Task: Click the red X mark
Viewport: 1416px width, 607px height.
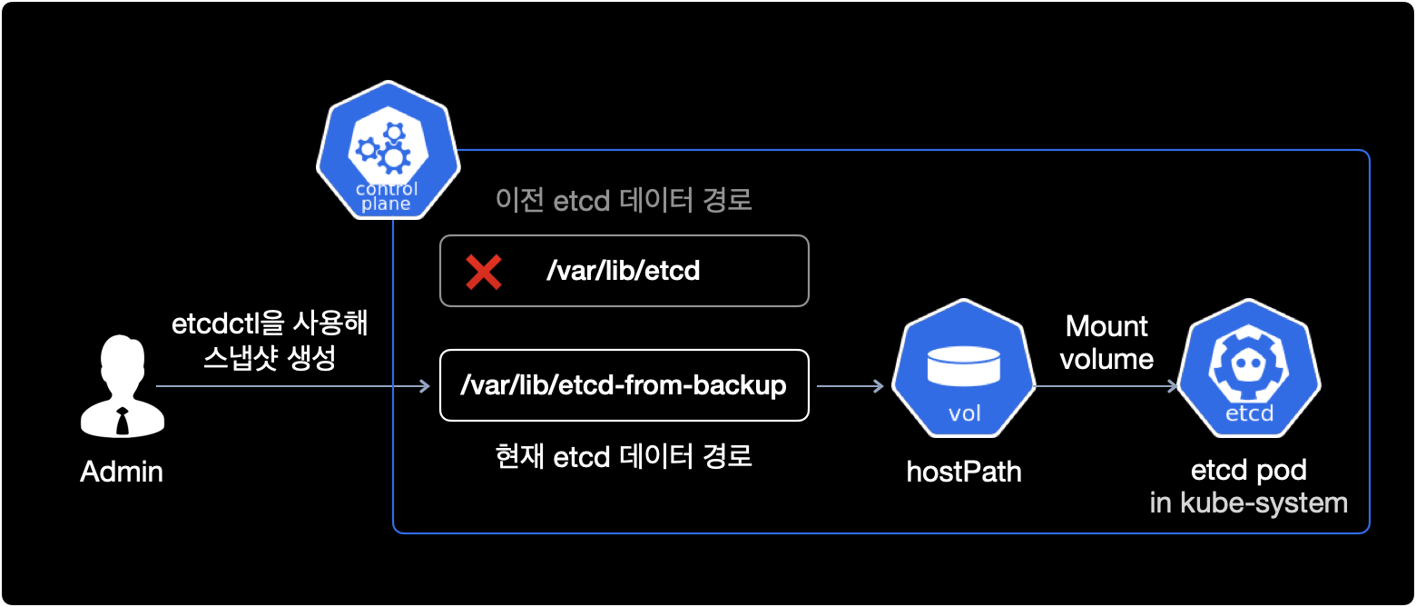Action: [484, 272]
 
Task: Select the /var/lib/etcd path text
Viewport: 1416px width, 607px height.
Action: [623, 271]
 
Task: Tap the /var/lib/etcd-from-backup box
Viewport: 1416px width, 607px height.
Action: [624, 385]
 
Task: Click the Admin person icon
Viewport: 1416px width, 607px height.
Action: [122, 386]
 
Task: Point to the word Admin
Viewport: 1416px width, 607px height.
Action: [122, 472]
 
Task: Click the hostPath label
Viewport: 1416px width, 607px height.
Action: [964, 472]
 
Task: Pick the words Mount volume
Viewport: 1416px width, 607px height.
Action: [1106, 343]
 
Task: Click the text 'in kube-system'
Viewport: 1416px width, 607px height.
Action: [1248, 503]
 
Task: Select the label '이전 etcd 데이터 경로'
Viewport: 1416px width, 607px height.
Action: [624, 200]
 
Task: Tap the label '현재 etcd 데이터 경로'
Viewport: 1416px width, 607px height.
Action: [624, 457]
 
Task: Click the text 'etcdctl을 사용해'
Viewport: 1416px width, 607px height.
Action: [270, 324]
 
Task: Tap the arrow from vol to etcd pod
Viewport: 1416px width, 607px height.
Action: [1106, 386]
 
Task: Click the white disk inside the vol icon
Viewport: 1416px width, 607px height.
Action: [964, 365]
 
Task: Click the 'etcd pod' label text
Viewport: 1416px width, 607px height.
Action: [1248, 470]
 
